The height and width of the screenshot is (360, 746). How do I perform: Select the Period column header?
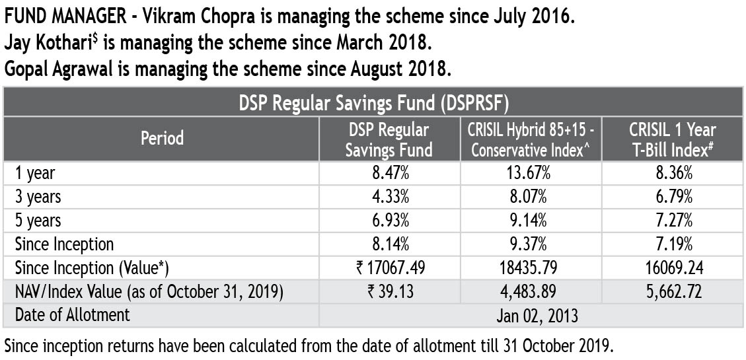pos(162,138)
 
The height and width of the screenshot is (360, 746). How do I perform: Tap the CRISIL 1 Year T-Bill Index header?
pos(671,139)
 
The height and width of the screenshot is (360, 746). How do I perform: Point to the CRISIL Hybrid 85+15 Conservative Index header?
pos(531,139)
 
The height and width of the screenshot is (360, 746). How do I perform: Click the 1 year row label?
pos(36,173)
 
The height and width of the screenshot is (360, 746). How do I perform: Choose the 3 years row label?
pos(39,196)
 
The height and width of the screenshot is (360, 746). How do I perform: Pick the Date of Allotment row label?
pos(73,314)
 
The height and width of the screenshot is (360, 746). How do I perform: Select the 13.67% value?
pos(531,173)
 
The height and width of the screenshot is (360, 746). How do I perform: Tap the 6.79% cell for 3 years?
pos(671,197)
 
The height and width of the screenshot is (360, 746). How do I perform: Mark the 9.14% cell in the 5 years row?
pos(531,221)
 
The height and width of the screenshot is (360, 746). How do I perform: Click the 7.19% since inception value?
pos(671,244)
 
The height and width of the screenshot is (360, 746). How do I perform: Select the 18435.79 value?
pos(531,268)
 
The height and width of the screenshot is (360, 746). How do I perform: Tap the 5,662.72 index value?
pos(671,291)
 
